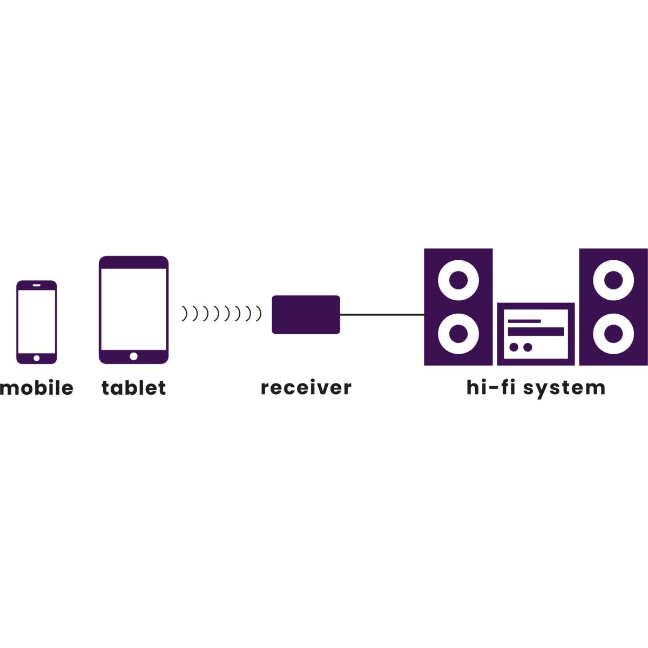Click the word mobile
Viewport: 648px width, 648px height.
pos(37,388)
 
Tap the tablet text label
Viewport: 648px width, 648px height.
pos(133,388)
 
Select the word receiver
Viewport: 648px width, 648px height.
pos(306,388)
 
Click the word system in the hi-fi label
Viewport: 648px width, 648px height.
pos(564,389)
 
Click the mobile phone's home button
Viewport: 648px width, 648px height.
pos(37,359)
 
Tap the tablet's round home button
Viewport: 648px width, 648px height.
pos(133,356)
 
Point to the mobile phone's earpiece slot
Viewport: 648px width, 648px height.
pos(37,285)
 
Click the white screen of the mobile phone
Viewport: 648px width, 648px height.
pos(37,321)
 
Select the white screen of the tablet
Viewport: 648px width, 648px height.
pos(133,309)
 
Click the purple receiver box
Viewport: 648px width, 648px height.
pos(306,315)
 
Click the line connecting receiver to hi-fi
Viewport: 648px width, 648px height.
pos(382,315)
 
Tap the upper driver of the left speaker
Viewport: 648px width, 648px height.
pos(458,280)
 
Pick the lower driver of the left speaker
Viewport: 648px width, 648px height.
pos(458,334)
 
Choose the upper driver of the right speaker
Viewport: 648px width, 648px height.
pos(613,280)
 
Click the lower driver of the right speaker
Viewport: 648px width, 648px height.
pos(613,334)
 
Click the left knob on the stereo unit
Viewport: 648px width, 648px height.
pos(514,347)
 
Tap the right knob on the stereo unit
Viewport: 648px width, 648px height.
pos(528,347)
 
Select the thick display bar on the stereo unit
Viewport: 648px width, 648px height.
pos(536,332)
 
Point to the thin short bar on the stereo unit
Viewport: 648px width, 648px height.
pos(524,321)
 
